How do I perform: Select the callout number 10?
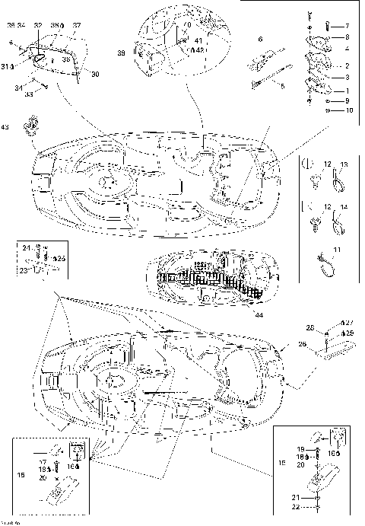point(349,110)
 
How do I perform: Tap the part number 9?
point(347,100)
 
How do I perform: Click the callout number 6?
point(260,38)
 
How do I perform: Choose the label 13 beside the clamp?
point(344,165)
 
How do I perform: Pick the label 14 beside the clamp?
point(344,206)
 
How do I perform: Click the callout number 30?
point(95,74)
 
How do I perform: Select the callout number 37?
point(77,25)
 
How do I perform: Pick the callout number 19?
point(301,450)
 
